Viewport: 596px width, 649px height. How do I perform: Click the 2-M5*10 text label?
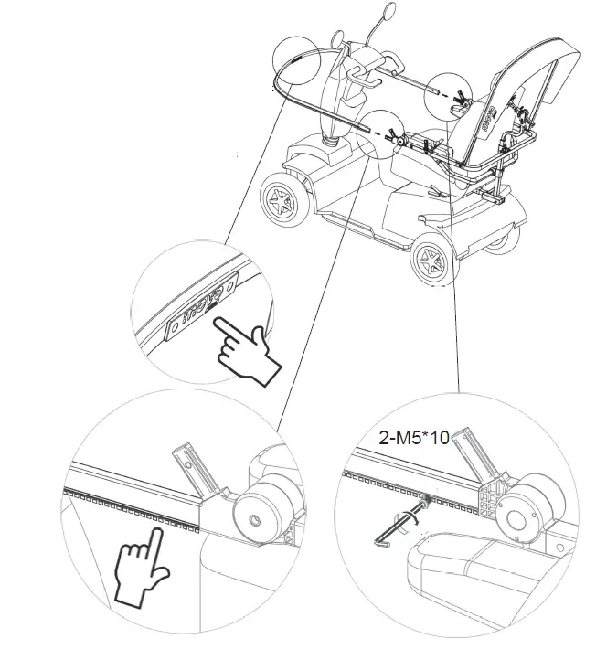click(413, 438)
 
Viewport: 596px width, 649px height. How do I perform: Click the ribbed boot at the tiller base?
click(330, 142)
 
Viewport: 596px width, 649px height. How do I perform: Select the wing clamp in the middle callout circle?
click(393, 136)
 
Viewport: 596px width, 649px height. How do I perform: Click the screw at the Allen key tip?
click(425, 502)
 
